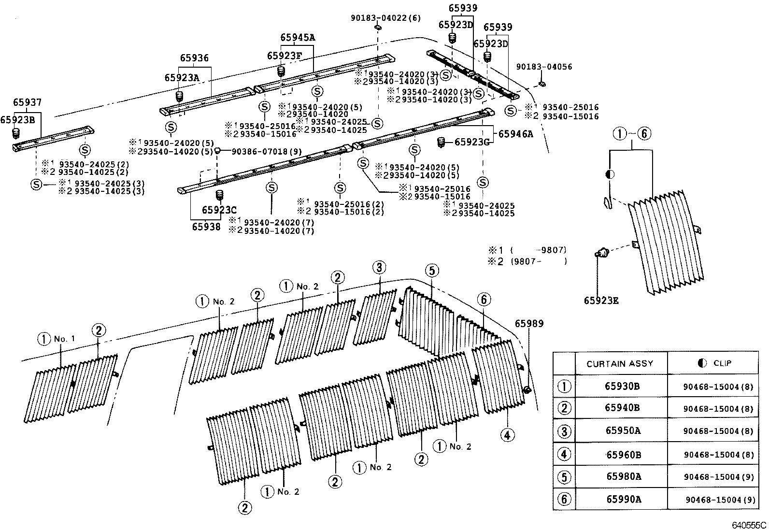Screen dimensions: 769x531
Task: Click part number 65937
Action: tap(27, 102)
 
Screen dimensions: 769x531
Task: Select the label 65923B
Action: tap(17, 119)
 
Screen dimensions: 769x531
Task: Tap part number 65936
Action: tap(194, 57)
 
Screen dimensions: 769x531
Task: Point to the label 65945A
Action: tap(297, 37)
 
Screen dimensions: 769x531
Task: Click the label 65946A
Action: tap(515, 134)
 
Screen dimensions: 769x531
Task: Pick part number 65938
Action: tap(206, 227)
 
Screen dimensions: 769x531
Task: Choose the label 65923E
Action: tap(601, 301)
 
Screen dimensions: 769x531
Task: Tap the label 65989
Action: tap(529, 324)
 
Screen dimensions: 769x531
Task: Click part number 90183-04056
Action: tap(544, 67)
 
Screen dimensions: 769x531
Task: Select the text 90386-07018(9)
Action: tap(267, 151)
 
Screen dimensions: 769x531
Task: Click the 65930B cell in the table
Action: tap(622, 386)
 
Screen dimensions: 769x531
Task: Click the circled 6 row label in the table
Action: tap(564, 499)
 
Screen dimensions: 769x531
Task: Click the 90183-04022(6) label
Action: tap(385, 18)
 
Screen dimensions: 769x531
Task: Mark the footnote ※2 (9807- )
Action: tap(527, 262)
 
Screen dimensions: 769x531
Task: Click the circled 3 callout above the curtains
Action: tap(379, 267)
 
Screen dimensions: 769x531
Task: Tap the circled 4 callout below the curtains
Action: tap(507, 435)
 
